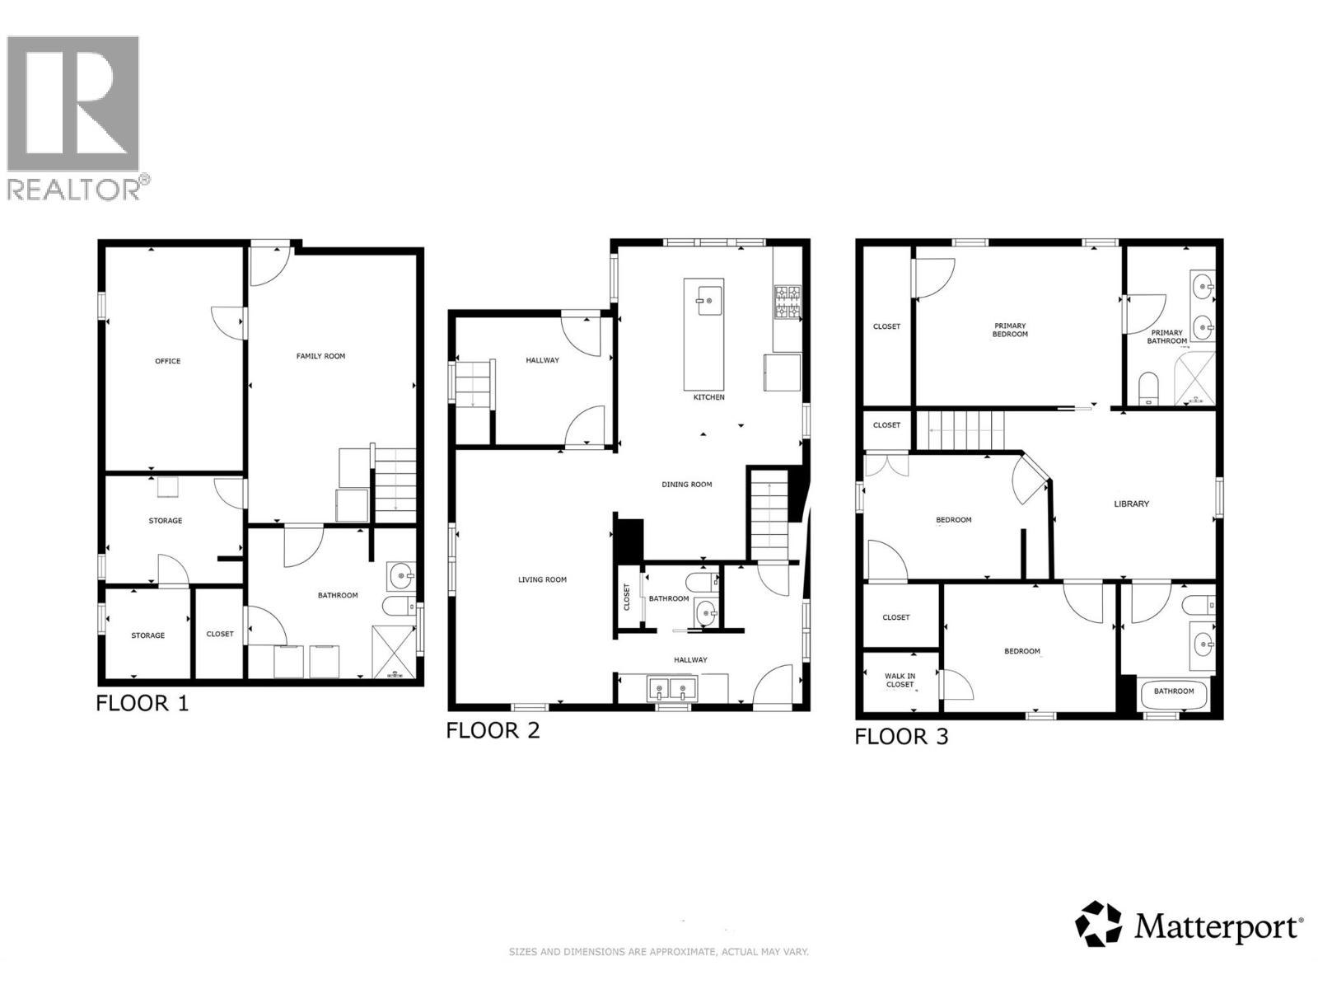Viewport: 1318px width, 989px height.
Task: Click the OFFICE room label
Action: [x=167, y=361]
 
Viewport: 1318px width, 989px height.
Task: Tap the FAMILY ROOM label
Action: [x=320, y=356]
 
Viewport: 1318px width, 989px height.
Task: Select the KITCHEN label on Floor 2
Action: [x=708, y=397]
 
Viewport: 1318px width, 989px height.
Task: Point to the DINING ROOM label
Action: [x=686, y=484]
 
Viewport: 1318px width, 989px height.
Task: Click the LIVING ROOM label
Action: [x=542, y=579]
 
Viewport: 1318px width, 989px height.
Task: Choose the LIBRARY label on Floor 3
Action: [x=1131, y=504]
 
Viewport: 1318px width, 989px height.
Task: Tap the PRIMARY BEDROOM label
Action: [x=1009, y=330]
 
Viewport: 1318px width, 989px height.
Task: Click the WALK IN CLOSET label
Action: [x=900, y=680]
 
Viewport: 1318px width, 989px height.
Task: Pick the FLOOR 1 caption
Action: [x=143, y=703]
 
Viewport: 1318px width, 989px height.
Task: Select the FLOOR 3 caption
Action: [x=901, y=736]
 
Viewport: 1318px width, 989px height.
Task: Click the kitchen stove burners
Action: [x=788, y=302]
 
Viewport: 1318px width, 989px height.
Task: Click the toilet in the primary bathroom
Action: [x=1147, y=388]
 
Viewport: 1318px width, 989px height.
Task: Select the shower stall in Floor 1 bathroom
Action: [x=394, y=652]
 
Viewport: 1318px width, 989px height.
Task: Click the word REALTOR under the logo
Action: [x=74, y=190]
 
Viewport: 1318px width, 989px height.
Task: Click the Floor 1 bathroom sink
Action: [x=400, y=577]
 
